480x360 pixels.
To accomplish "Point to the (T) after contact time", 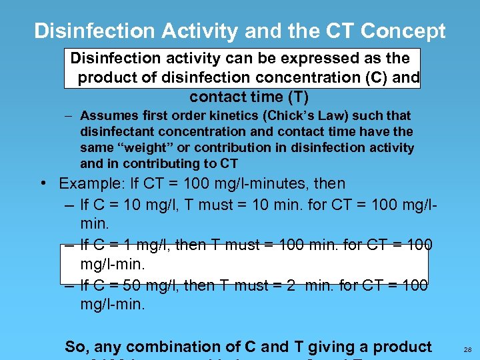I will coord(297,97).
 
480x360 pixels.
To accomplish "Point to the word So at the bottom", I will coord(76,347).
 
